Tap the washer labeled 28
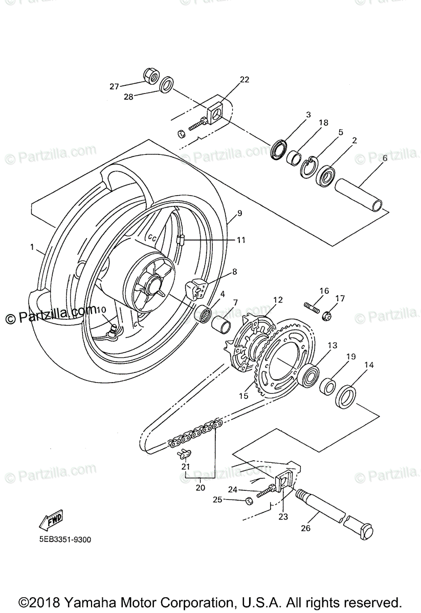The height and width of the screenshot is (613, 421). point(167,85)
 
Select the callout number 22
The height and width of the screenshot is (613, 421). point(244,79)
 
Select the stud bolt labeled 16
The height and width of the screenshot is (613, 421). point(313,309)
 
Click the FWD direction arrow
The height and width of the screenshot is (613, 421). point(50,521)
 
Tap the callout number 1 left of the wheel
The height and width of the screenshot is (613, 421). point(32,248)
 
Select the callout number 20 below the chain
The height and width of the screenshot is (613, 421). point(201,487)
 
